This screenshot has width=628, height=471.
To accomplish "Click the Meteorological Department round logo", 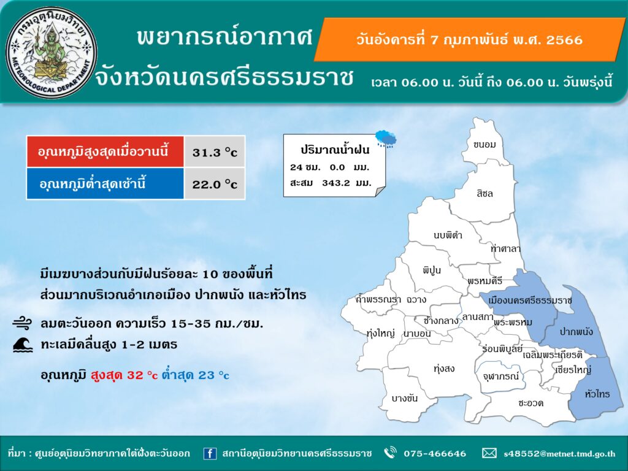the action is point(52,53).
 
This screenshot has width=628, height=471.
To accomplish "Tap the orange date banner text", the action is point(469,40).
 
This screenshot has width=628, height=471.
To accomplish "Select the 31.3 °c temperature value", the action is point(215,152).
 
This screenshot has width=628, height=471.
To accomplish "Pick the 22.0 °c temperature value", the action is point(215,184).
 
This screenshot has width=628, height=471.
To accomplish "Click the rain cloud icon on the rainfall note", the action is point(386,139).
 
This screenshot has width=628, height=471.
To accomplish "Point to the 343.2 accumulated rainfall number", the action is point(336,183).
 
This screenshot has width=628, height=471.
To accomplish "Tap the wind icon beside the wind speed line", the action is point(22,323).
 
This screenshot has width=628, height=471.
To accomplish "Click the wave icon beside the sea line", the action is point(23,345).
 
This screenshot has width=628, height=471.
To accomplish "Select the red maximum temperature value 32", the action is point(135,375).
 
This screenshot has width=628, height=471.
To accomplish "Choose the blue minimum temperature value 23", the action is point(206,375).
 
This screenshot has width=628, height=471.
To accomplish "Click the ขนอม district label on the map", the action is point(484,145).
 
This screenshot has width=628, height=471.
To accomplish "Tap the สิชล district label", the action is point(484,194).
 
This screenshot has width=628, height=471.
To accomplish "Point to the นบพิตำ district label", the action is point(448,235).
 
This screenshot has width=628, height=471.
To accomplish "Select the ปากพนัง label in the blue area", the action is point(576,332).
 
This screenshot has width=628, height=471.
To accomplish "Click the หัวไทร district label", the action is point(597,394).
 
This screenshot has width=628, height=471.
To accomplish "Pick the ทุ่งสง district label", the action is point(444,369).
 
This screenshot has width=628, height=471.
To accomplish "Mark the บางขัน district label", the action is point(405,398).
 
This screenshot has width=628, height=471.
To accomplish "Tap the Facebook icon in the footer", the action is point(210,453).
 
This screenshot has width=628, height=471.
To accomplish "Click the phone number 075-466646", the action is point(435,453).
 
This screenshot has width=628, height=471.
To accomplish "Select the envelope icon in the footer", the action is point(489,453).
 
